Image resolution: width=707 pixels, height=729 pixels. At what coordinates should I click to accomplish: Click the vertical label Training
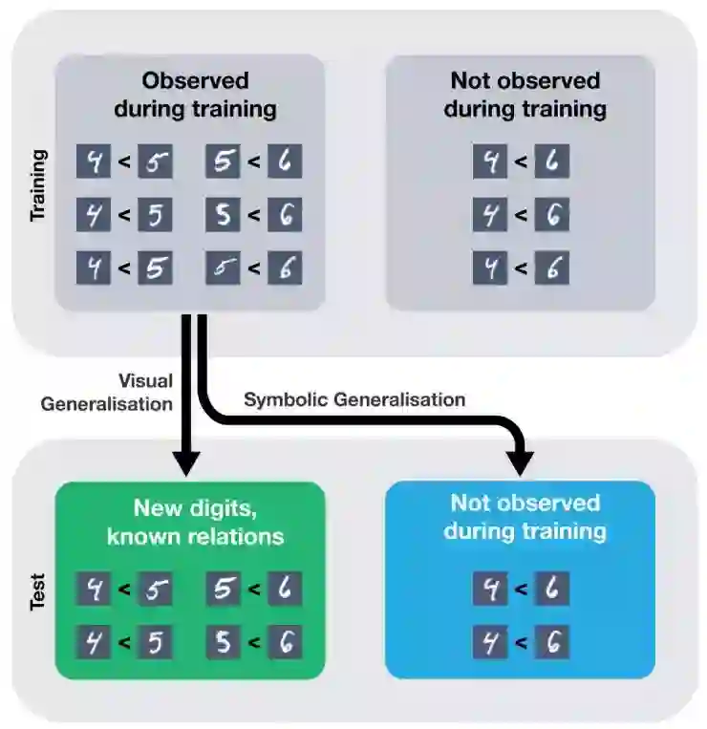[x=38, y=184]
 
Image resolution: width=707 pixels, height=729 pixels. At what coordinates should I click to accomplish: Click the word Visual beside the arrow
[x=145, y=379]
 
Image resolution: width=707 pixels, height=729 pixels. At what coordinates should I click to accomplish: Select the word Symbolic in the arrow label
[x=286, y=399]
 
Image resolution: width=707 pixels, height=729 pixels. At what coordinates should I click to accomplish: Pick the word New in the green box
[x=155, y=508]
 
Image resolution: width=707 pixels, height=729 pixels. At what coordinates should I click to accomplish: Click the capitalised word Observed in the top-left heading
[x=195, y=80]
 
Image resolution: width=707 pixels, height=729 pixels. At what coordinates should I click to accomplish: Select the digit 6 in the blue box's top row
[x=551, y=590]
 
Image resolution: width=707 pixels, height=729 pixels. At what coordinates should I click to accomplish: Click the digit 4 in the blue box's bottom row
[x=489, y=643]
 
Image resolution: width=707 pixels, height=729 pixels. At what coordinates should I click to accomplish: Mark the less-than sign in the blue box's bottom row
[x=521, y=643]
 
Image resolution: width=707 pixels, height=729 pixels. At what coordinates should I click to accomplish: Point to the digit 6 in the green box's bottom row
[x=284, y=643]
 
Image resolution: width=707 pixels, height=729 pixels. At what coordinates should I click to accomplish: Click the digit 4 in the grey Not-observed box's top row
[x=489, y=161]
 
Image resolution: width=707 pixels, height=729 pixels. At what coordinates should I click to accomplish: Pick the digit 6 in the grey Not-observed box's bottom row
[x=551, y=268]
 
